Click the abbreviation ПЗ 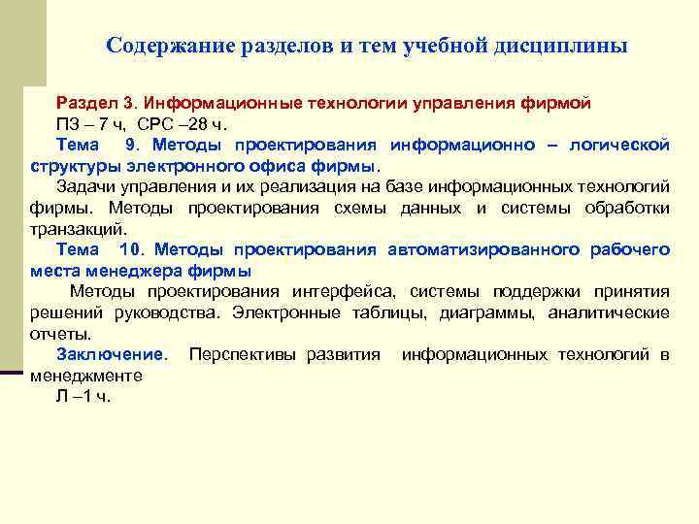click(68, 123)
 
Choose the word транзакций click(78, 229)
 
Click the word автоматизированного click(481, 249)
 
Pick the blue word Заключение click(111, 354)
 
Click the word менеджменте click(86, 376)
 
